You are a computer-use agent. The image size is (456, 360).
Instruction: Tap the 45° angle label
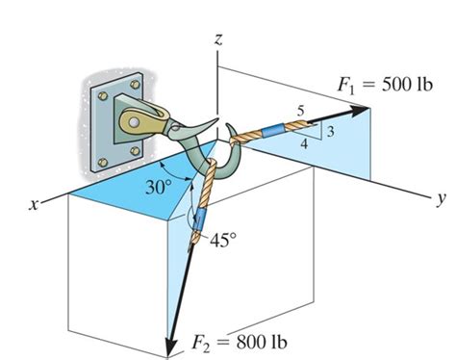tap(224, 241)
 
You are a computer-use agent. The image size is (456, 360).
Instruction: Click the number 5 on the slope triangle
tap(300, 115)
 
